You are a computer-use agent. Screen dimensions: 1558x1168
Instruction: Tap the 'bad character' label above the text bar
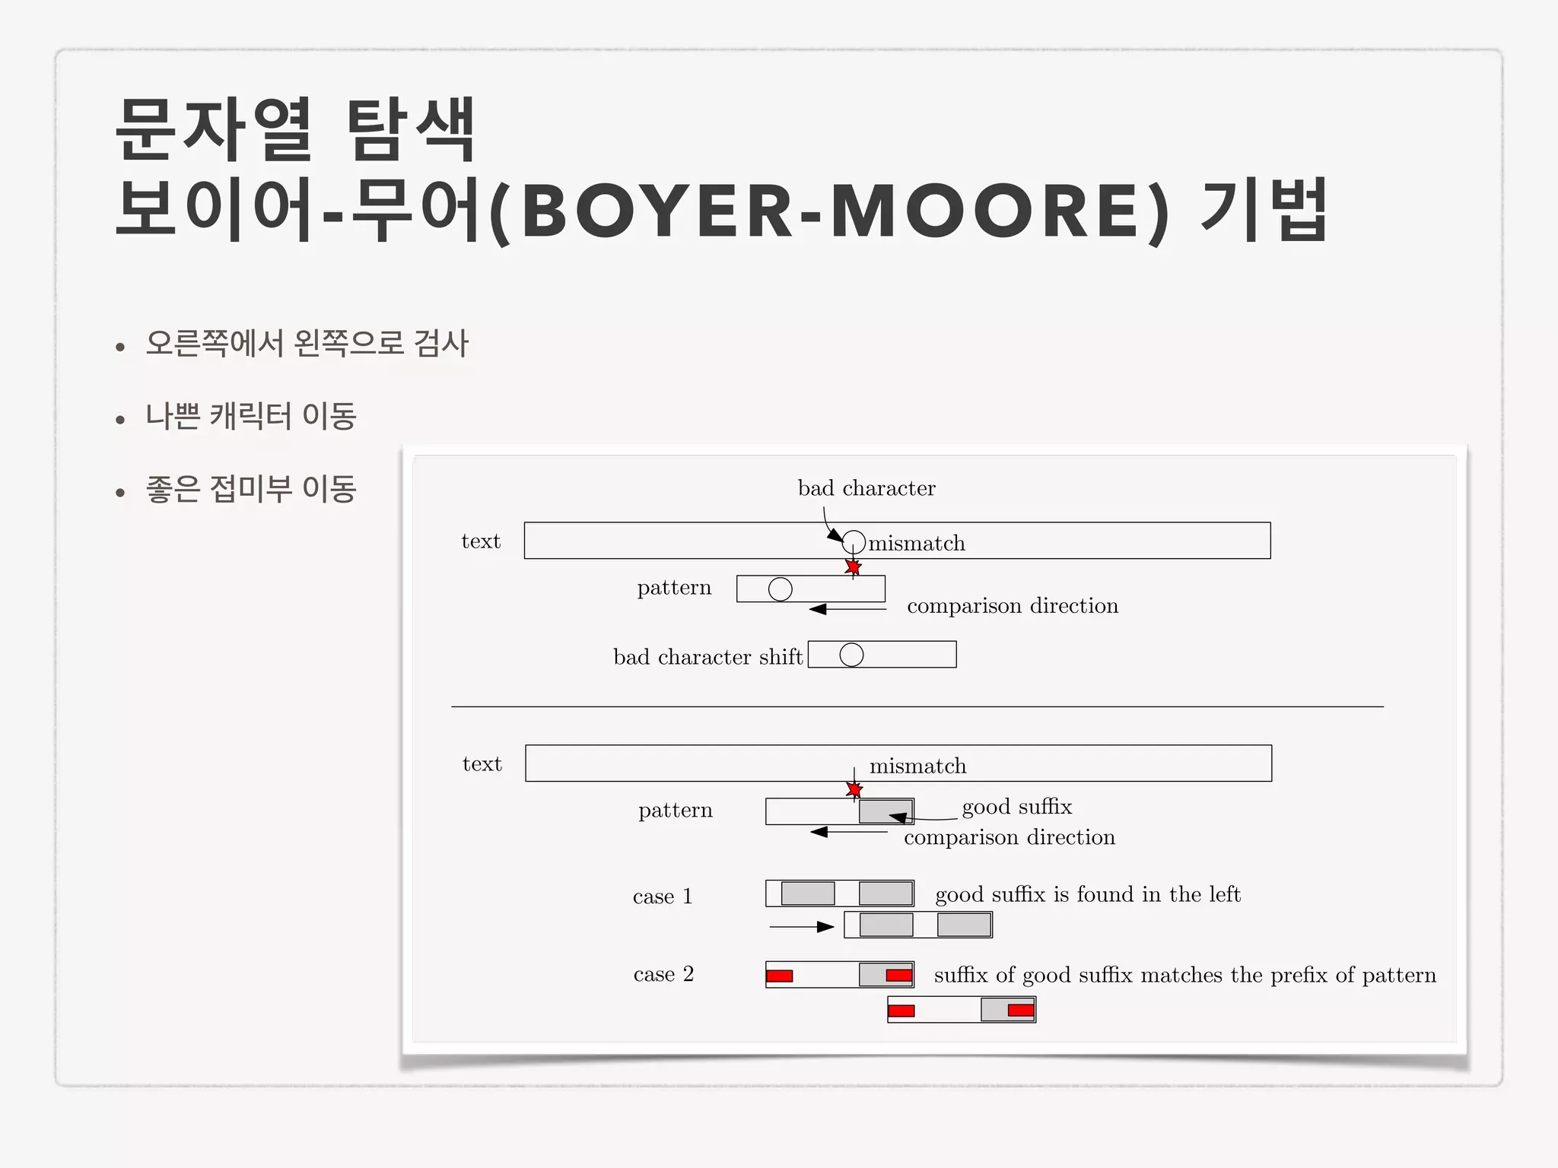(866, 488)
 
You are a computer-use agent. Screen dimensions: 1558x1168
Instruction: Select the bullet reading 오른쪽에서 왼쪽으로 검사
(307, 344)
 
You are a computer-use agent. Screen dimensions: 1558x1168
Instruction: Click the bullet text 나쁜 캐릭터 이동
(251, 416)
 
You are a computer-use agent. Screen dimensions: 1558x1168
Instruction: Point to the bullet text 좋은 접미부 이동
(251, 489)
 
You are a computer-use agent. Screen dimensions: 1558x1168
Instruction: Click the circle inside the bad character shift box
(851, 655)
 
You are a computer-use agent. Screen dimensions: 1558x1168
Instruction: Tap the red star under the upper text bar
(854, 567)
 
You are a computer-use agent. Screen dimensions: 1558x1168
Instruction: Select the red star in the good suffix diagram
(854, 790)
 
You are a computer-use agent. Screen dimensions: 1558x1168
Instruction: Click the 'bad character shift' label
(707, 657)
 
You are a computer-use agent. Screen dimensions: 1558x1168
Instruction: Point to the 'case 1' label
(663, 897)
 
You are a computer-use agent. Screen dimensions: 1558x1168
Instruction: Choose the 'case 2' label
(663, 974)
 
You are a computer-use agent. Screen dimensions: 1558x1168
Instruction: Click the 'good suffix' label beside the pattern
(1017, 807)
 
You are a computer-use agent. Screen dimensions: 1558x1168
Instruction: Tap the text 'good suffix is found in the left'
(1088, 894)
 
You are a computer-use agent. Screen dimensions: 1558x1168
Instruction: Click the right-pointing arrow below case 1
(802, 927)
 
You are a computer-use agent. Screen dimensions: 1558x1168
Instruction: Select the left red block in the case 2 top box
(780, 976)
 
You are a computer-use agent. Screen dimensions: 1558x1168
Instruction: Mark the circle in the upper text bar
(854, 542)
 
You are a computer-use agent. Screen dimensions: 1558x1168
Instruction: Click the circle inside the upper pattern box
(781, 589)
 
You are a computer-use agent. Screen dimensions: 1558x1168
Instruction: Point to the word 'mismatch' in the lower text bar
(917, 766)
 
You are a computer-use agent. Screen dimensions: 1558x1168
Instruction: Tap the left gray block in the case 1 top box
(808, 893)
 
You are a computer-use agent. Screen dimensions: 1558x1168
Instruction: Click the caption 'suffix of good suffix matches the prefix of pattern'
(1185, 976)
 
